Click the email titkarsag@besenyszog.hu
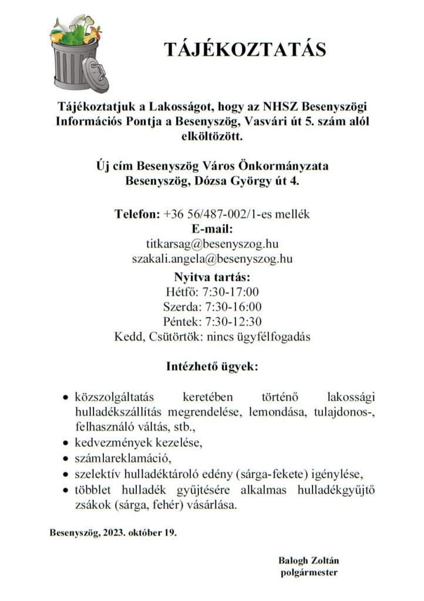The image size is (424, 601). (211, 243)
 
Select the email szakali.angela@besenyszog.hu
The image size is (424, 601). (212, 258)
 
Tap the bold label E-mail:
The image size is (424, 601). (212, 228)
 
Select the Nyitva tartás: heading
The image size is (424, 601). (212, 276)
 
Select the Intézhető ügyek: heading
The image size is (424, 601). (212, 368)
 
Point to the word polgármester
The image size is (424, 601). (309, 572)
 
